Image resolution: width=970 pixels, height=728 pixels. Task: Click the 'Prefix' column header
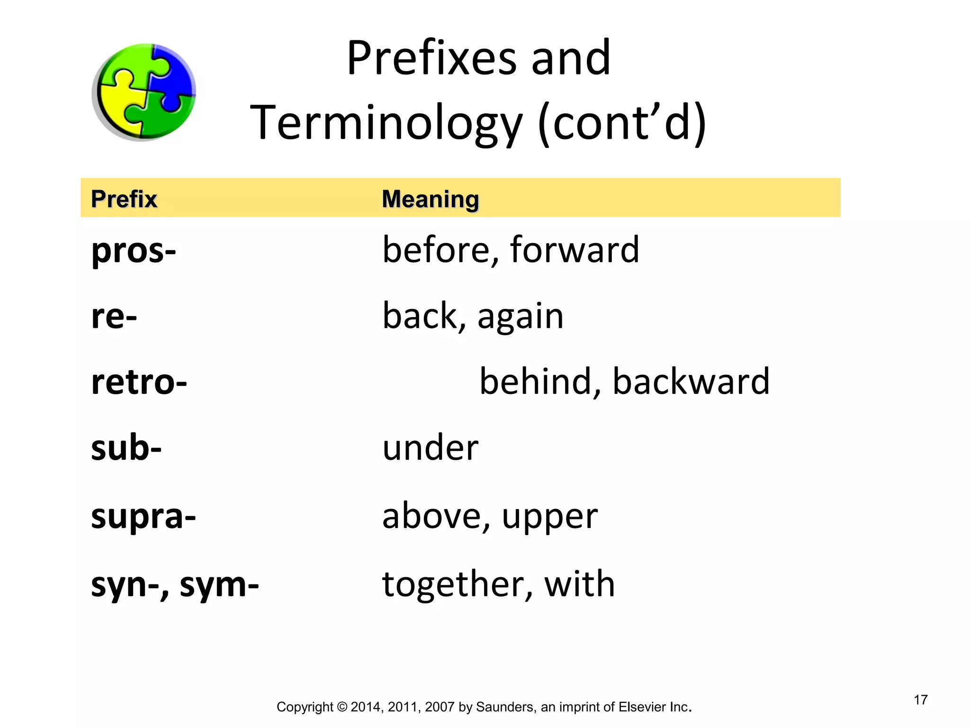[x=124, y=199]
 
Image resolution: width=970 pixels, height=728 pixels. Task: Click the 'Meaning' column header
[x=430, y=199]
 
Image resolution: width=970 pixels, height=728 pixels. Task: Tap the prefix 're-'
[x=114, y=316]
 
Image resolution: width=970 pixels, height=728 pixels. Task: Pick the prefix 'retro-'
[x=139, y=382]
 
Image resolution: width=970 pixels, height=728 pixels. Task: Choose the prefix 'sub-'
[x=126, y=448]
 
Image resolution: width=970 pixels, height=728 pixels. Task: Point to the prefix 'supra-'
[x=143, y=517]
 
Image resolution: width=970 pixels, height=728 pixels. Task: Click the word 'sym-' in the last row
[x=219, y=585]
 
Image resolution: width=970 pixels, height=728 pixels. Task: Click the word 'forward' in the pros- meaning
[x=575, y=250]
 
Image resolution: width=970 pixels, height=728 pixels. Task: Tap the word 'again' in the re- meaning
[x=521, y=317]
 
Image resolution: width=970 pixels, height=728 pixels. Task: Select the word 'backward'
[x=691, y=382]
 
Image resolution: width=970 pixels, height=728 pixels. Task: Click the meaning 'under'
[x=430, y=448]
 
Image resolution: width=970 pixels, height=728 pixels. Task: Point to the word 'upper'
[x=549, y=518]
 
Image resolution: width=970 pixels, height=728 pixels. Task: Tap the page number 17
[x=920, y=700]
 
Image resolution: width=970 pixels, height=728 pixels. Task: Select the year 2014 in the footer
[x=365, y=707]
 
